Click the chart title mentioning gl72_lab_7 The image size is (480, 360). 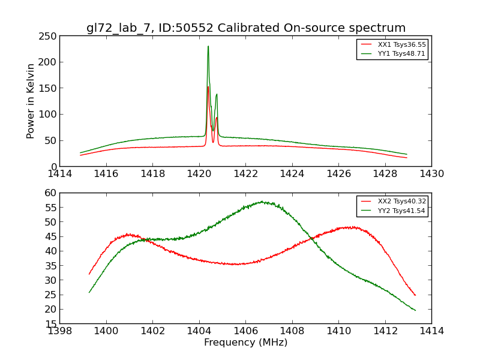[x=245, y=28]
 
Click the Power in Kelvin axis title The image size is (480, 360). [x=31, y=101]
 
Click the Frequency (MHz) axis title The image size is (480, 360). [x=245, y=343]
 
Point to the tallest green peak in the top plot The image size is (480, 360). [x=208, y=46]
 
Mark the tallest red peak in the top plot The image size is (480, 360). [x=208, y=87]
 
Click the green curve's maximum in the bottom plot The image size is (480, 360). [x=262, y=202]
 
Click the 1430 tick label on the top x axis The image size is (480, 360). [x=431, y=174]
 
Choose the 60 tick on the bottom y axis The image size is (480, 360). [x=50, y=193]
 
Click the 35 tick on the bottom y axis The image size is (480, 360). [x=50, y=280]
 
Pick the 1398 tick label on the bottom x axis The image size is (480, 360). [x=59, y=331]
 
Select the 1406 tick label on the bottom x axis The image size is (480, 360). [x=245, y=331]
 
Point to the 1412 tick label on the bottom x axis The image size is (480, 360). [x=385, y=331]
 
